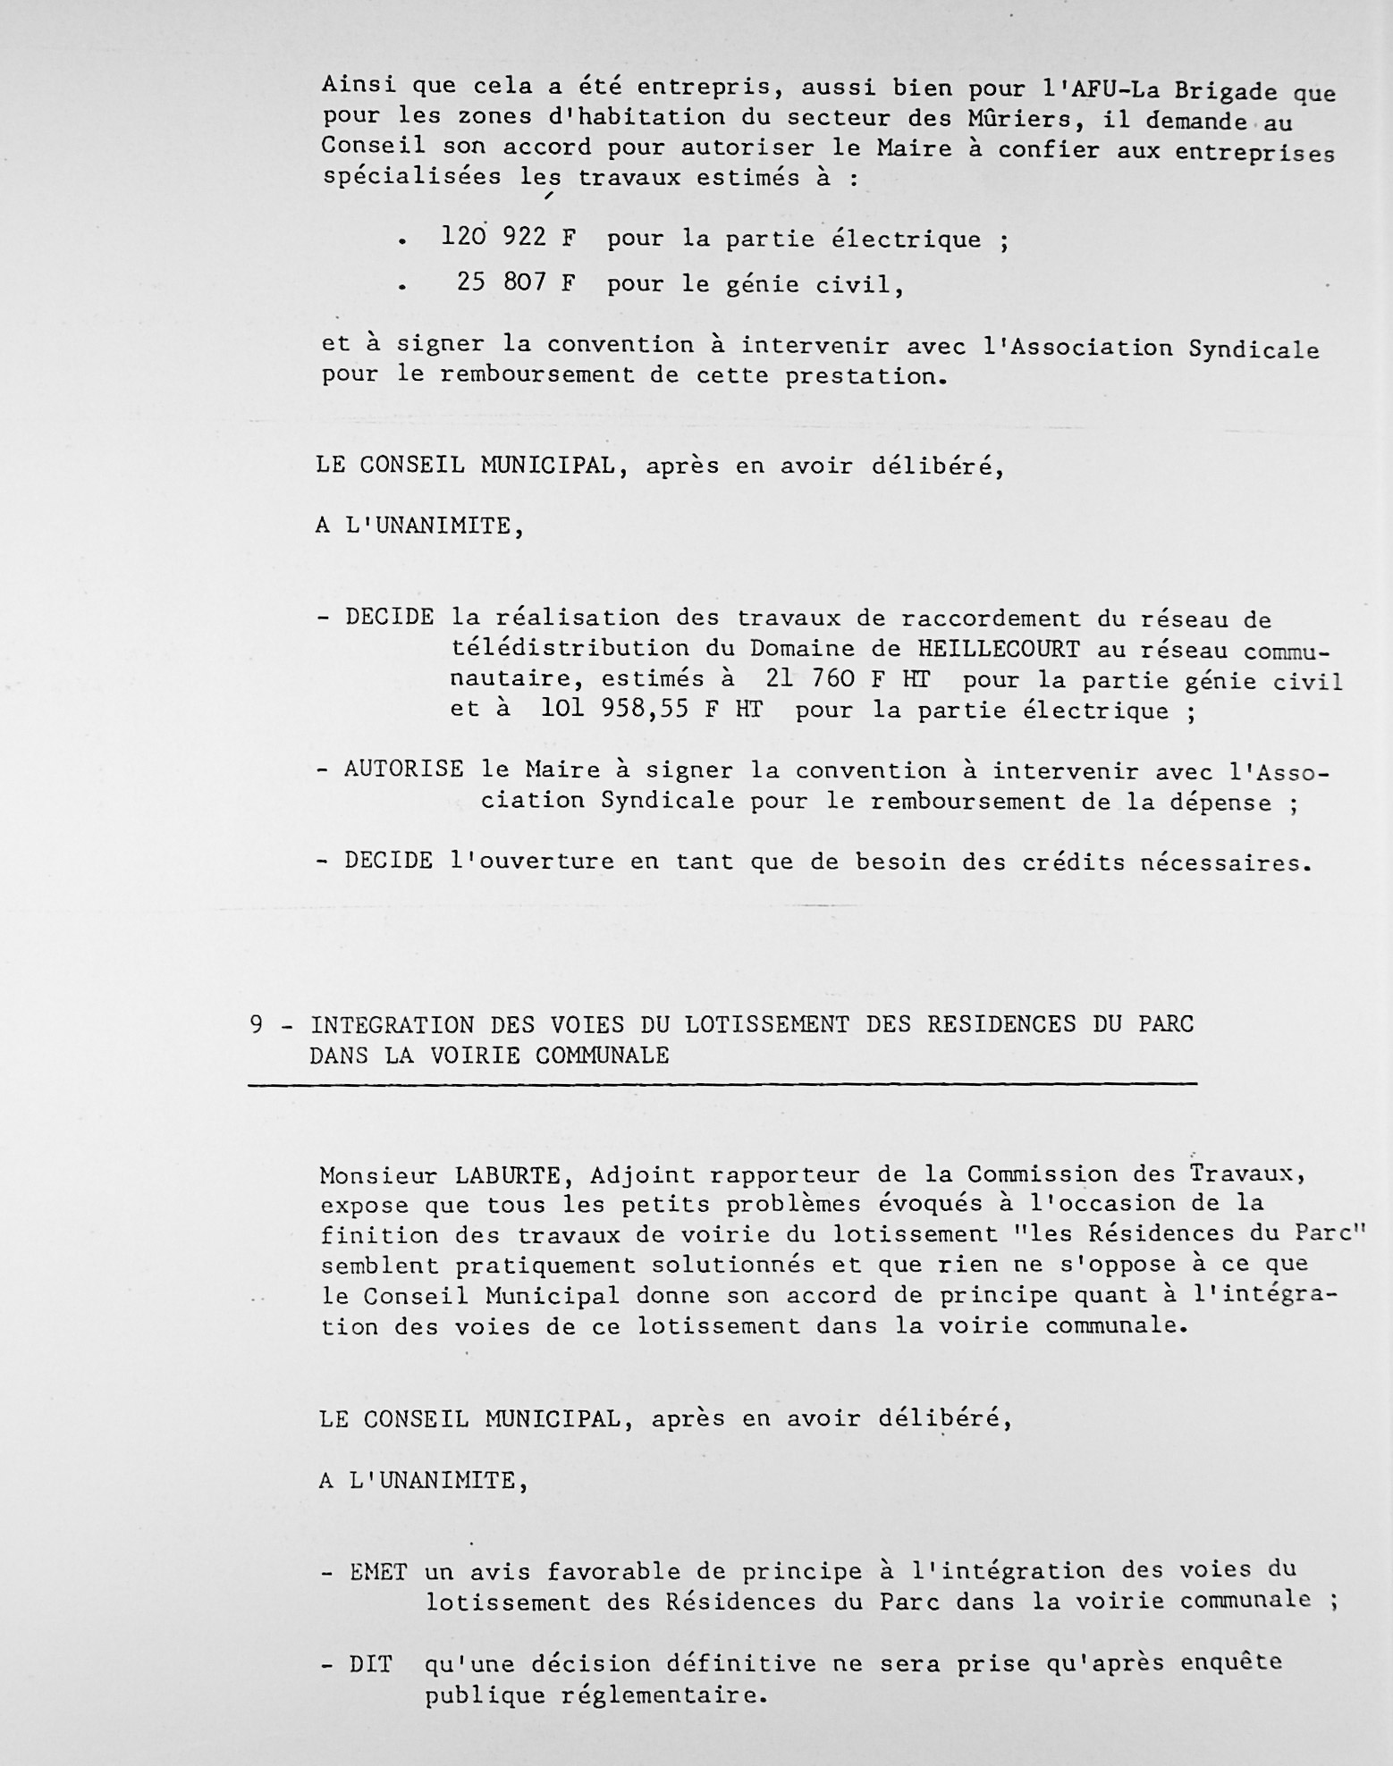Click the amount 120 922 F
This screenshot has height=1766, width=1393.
coord(508,238)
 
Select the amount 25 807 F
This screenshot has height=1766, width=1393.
coord(516,283)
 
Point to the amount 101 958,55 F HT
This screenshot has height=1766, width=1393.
coord(651,710)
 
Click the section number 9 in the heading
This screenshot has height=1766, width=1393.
coord(257,1024)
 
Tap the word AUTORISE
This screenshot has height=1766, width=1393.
coord(404,769)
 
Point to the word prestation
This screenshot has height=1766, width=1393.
coord(864,376)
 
